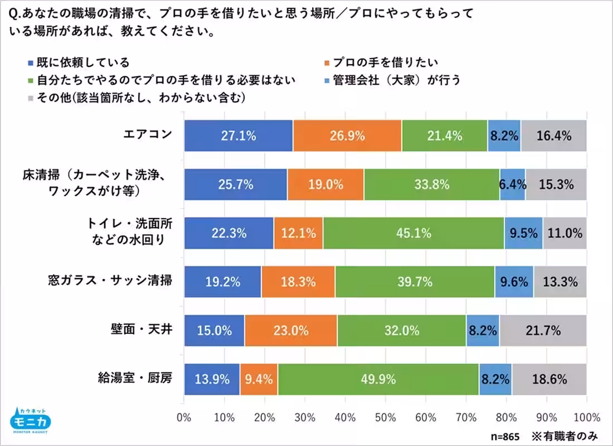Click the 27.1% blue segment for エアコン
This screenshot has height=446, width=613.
point(238,135)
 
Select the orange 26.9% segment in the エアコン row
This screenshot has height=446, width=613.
point(347,135)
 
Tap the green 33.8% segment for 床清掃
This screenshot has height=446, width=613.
point(431,184)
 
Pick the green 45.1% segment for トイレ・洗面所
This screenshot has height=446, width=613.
point(413,233)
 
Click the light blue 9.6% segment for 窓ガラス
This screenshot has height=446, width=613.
point(514,282)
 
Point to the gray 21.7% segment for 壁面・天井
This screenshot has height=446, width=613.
point(543,330)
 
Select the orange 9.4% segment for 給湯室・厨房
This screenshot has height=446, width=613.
point(259,379)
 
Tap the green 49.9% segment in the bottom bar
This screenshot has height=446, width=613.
point(378,379)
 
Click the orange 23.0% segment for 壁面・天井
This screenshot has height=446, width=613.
point(290,330)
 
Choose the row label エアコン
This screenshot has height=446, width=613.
point(148,135)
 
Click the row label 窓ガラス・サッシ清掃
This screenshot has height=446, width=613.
point(110,281)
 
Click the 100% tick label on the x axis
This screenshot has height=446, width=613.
point(585,417)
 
